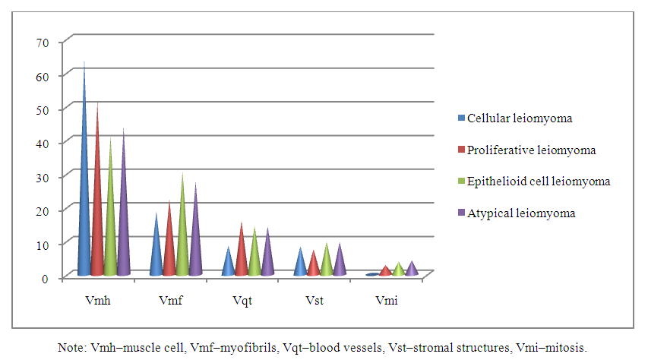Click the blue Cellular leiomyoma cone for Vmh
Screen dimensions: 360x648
point(84,190)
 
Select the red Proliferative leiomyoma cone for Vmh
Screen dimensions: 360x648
point(97,205)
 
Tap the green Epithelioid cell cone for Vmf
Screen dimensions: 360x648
point(182,235)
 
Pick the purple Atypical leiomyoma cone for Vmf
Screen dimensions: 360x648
point(195,239)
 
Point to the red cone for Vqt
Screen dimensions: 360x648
point(241,254)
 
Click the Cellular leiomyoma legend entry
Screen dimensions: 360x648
point(520,118)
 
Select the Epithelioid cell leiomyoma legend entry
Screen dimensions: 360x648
point(539,182)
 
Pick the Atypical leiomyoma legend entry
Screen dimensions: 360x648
point(521,213)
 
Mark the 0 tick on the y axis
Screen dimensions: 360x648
point(45,278)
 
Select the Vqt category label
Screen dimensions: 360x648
point(242,301)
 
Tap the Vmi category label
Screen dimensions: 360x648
point(387,301)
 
